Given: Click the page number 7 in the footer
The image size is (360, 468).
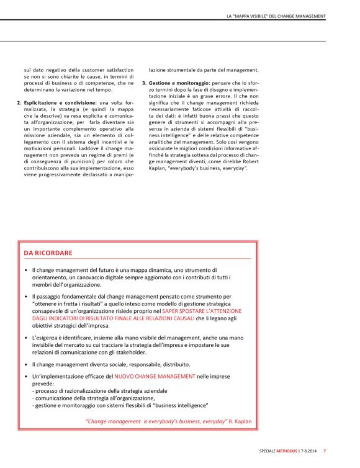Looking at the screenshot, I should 325,451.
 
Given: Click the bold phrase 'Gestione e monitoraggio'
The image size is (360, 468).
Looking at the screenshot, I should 180,83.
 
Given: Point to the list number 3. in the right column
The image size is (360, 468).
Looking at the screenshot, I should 144,83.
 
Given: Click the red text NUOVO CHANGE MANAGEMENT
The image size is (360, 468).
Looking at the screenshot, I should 155,376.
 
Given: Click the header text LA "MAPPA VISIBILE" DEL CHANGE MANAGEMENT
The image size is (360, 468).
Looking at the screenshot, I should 276,16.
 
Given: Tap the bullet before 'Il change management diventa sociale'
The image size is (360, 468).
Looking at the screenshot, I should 25,364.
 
